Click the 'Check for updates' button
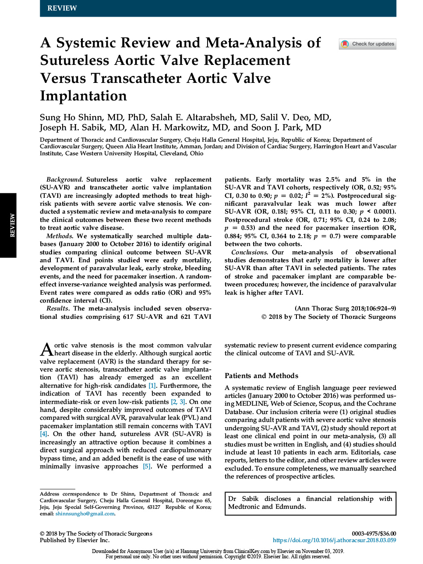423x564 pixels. [368, 44]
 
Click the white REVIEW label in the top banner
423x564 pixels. [62, 8]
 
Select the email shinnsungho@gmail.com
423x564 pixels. [85, 514]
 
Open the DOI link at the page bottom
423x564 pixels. [334, 540]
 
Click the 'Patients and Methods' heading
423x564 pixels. [261, 376]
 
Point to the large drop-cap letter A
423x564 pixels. [46, 350]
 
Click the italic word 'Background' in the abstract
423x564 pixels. [64, 179]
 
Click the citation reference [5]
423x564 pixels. [147, 466]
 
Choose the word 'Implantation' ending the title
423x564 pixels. [83, 96]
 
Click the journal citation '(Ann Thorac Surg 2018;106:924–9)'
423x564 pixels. [345, 308]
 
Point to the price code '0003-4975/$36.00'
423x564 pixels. [374, 534]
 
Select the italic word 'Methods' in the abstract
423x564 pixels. [59, 236]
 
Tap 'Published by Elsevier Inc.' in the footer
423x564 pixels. [74, 540]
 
